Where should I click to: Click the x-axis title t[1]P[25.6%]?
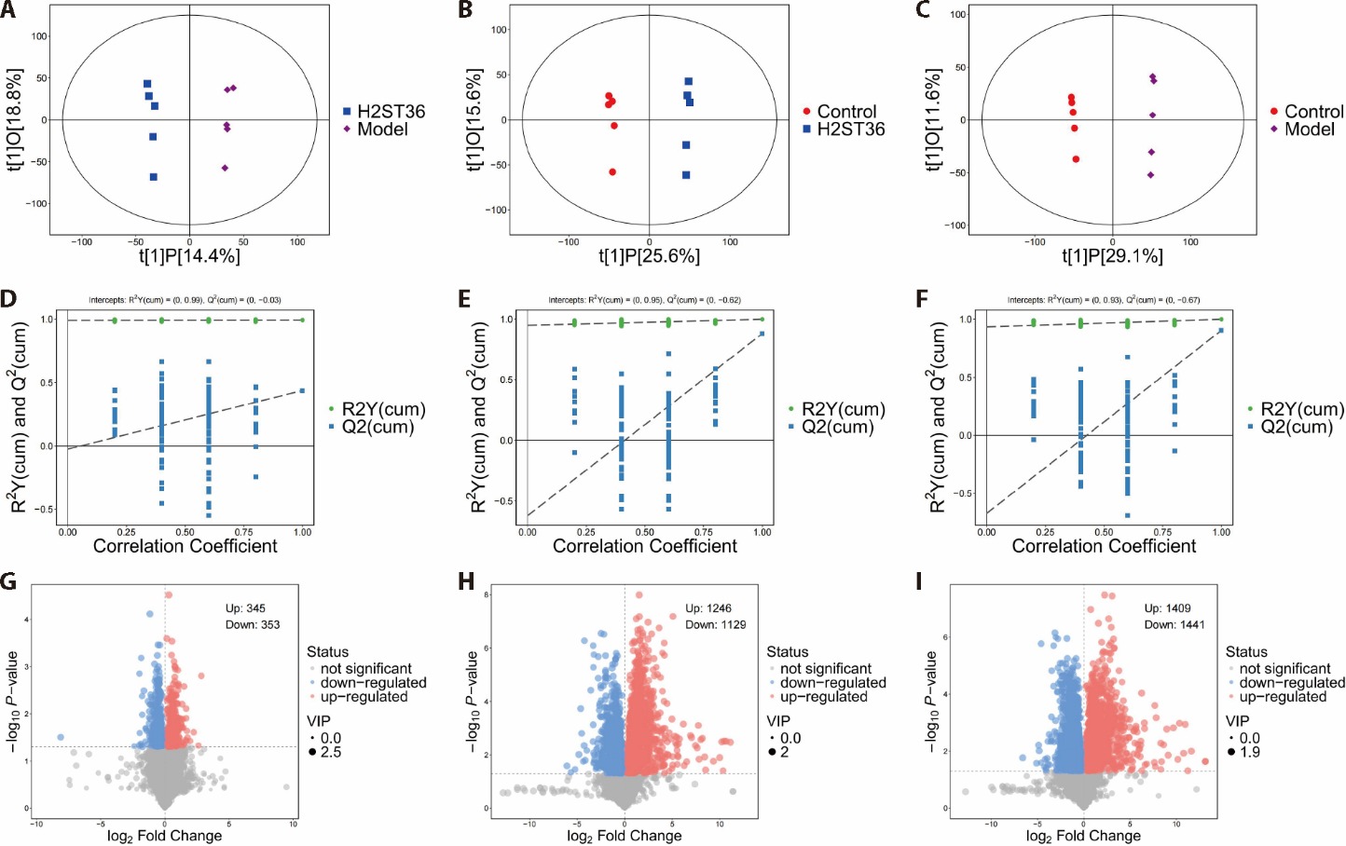[649, 256]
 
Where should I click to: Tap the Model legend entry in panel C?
[1309, 130]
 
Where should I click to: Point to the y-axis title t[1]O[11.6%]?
[933, 119]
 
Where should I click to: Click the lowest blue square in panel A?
[154, 177]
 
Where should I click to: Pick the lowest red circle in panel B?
[612, 172]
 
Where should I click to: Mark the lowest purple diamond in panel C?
[1150, 175]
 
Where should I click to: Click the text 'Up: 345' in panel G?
[245, 608]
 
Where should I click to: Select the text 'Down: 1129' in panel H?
[716, 624]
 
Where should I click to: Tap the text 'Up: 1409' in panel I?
[1167, 608]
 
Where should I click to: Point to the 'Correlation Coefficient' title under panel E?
[645, 547]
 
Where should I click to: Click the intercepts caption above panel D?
[185, 300]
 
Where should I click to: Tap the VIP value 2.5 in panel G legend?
[330, 753]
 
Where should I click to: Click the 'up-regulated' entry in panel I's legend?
[1282, 697]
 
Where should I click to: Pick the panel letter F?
[923, 300]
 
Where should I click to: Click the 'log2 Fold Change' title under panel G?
[165, 836]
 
